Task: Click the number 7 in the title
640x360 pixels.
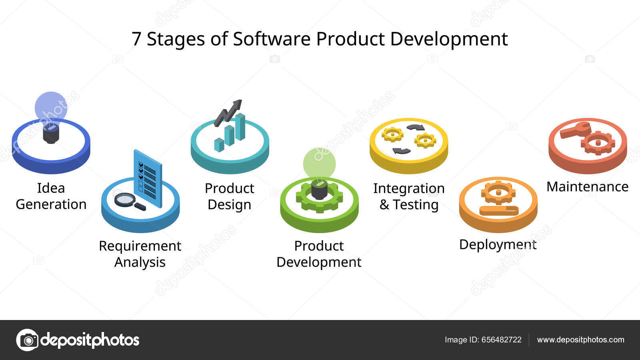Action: tap(136, 39)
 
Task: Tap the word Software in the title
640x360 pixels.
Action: tap(272, 39)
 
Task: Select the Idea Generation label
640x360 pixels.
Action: tap(51, 196)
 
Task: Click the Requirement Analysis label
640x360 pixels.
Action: tap(140, 254)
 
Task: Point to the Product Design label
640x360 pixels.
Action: tap(230, 196)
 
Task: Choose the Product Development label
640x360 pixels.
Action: tap(319, 254)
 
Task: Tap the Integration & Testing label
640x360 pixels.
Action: tap(409, 196)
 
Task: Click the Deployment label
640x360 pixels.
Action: tap(498, 245)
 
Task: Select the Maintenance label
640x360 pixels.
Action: tap(588, 186)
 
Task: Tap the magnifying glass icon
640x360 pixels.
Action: tap(130, 202)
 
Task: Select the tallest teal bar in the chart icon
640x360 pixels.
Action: tap(240, 126)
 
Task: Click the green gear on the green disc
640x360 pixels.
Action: tap(319, 197)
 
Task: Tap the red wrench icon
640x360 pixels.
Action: tap(575, 130)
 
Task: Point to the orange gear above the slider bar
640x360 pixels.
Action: tap(498, 192)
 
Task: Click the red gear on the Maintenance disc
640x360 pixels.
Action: tap(598, 143)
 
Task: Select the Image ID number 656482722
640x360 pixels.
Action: tap(502, 340)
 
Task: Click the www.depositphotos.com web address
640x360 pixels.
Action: tap(580, 340)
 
